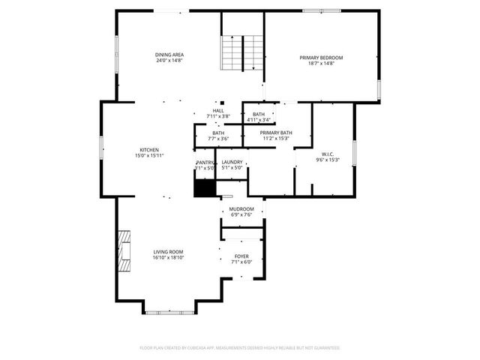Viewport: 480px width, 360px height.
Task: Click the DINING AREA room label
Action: click(x=169, y=55)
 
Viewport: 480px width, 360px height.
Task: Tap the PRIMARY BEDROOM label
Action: click(x=321, y=58)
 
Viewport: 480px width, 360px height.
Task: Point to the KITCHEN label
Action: click(x=149, y=150)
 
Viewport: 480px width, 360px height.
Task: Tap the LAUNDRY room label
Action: click(x=232, y=162)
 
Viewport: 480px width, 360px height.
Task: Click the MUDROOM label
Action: click(x=241, y=208)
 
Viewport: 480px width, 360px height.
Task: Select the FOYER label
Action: click(x=241, y=256)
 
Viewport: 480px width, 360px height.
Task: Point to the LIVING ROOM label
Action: click(x=169, y=252)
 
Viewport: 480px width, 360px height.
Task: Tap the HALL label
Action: click(x=218, y=111)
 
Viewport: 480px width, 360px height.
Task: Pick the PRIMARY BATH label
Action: click(x=276, y=133)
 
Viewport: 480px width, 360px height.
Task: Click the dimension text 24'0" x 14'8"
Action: click(x=169, y=61)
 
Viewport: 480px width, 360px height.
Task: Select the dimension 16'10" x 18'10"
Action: click(x=169, y=258)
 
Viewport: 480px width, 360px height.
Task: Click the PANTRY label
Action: click(x=205, y=162)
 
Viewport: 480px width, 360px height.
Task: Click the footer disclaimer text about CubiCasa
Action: click(x=240, y=348)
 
